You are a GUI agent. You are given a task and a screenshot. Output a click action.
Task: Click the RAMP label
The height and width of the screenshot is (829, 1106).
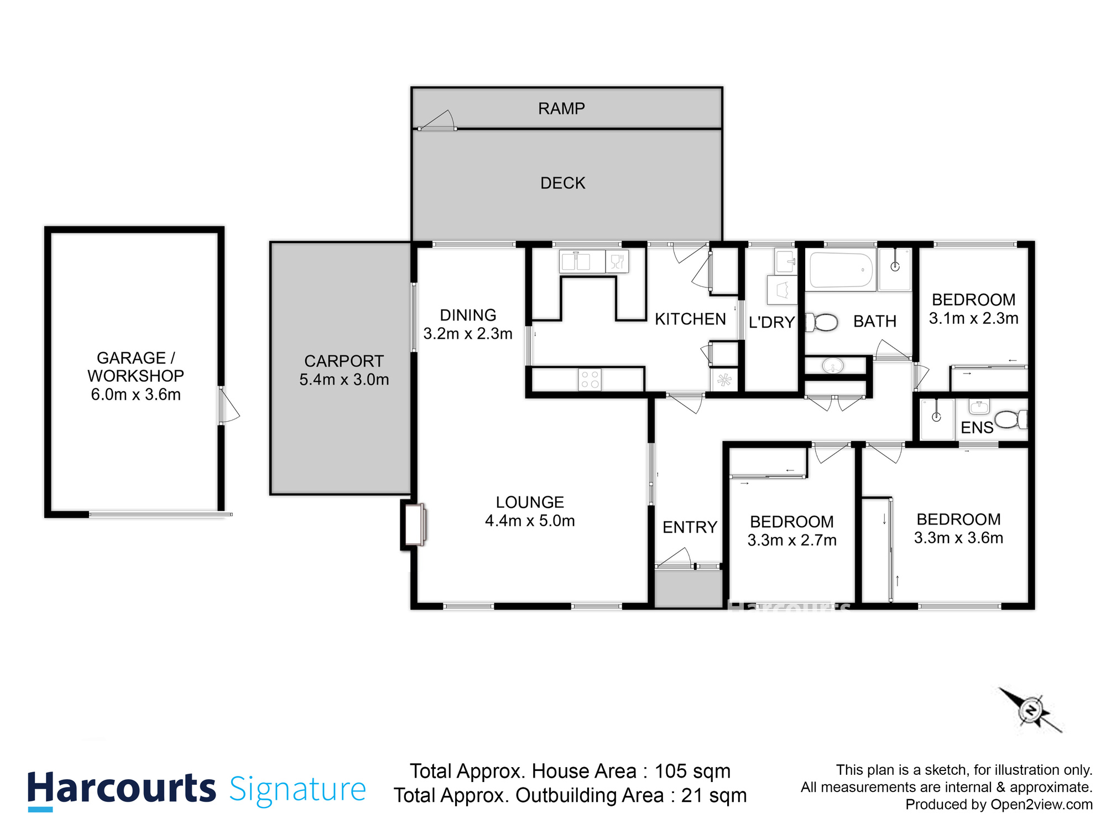click(561, 108)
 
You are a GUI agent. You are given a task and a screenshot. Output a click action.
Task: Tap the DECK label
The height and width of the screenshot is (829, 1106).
click(562, 183)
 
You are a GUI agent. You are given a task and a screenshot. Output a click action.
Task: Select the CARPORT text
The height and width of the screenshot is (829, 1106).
click(344, 361)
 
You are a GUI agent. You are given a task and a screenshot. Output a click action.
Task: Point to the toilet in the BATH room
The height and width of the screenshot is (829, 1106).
click(822, 322)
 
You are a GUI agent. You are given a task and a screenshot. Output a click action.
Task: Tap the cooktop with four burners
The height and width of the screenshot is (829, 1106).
click(589, 380)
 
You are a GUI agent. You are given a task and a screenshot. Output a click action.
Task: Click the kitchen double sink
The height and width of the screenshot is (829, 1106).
click(576, 261)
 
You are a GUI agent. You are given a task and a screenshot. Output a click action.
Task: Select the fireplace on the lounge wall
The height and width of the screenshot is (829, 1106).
click(414, 524)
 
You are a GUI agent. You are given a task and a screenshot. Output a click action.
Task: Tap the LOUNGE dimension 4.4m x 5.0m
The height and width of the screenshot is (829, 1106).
click(530, 521)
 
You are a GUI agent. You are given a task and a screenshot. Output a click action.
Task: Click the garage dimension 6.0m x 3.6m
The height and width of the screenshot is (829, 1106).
click(135, 395)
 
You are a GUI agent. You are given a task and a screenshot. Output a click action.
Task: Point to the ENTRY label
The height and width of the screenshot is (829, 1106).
click(690, 527)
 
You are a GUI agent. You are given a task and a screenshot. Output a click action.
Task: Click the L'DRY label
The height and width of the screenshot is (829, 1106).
click(771, 322)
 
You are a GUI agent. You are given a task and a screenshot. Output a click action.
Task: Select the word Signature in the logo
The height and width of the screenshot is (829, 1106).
click(298, 789)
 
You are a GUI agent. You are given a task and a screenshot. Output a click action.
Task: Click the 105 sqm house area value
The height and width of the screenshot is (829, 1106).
click(692, 771)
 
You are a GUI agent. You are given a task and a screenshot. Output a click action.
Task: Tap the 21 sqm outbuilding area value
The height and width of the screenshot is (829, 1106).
click(713, 795)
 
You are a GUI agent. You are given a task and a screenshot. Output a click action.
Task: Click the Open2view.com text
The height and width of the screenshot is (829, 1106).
click(1041, 805)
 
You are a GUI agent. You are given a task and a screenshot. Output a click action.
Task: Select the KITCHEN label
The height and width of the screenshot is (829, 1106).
click(690, 319)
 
